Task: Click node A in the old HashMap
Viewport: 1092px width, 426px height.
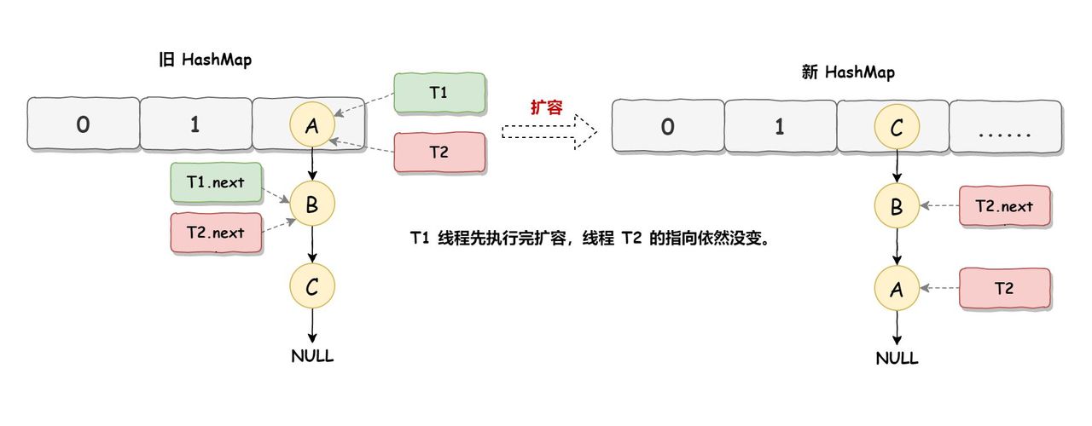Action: tap(312, 126)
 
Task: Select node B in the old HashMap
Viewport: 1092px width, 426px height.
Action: tap(312, 204)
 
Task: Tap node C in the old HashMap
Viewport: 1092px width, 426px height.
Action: tap(312, 286)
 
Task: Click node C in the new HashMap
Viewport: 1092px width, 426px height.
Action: tap(897, 128)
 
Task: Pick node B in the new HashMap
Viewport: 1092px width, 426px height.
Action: tap(897, 206)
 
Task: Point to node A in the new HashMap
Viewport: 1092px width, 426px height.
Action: tap(897, 289)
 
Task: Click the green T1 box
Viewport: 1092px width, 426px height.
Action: tap(439, 93)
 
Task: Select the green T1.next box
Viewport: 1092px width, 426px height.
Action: tap(216, 181)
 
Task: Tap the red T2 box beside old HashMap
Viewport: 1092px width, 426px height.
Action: tap(439, 153)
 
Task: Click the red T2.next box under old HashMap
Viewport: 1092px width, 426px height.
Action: tap(216, 233)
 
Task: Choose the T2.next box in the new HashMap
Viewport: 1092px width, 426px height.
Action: tap(1004, 206)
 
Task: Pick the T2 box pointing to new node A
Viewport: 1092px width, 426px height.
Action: tap(1004, 289)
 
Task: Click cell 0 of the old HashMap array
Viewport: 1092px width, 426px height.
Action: tap(83, 125)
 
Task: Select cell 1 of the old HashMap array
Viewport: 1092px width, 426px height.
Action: tap(195, 125)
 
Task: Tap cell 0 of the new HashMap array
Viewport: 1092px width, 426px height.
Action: tap(668, 128)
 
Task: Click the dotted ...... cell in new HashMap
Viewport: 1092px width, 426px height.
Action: tap(1005, 128)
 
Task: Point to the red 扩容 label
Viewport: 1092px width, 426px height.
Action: tap(546, 108)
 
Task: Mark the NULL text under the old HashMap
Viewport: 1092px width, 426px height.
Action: tap(312, 356)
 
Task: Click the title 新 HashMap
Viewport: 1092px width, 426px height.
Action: tap(848, 73)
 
